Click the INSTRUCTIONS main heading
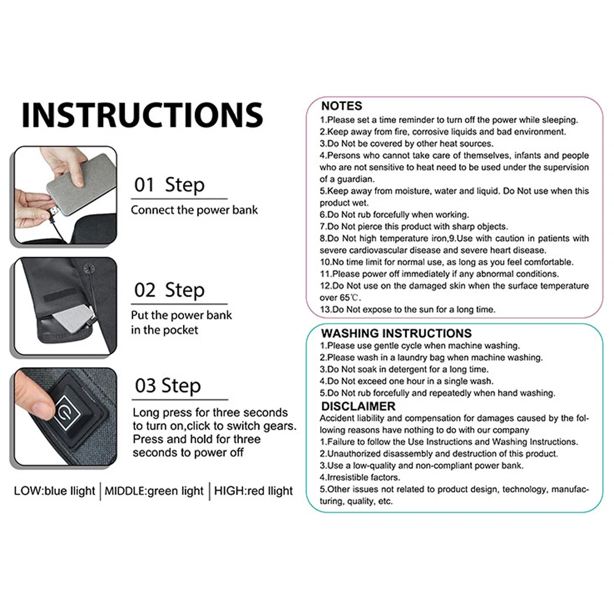point(142,115)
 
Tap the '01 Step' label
point(169,184)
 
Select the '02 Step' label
point(169,290)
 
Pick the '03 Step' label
point(168,386)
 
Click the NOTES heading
point(341,106)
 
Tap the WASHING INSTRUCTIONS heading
point(396,333)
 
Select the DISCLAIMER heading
point(359,406)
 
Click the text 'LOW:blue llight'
point(55,491)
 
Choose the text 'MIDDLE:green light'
point(154,491)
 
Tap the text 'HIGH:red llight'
point(254,491)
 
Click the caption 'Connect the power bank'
point(194,210)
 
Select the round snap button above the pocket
point(89,269)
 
